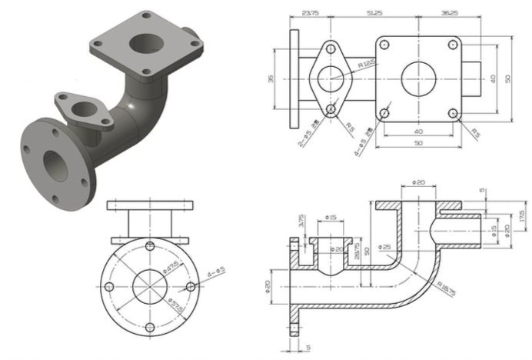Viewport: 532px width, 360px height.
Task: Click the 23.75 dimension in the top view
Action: coord(311,13)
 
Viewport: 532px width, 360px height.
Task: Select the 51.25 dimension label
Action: coord(376,13)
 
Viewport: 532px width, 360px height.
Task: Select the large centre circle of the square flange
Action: coord(419,78)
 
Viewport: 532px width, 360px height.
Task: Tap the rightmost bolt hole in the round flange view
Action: coord(190,286)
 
